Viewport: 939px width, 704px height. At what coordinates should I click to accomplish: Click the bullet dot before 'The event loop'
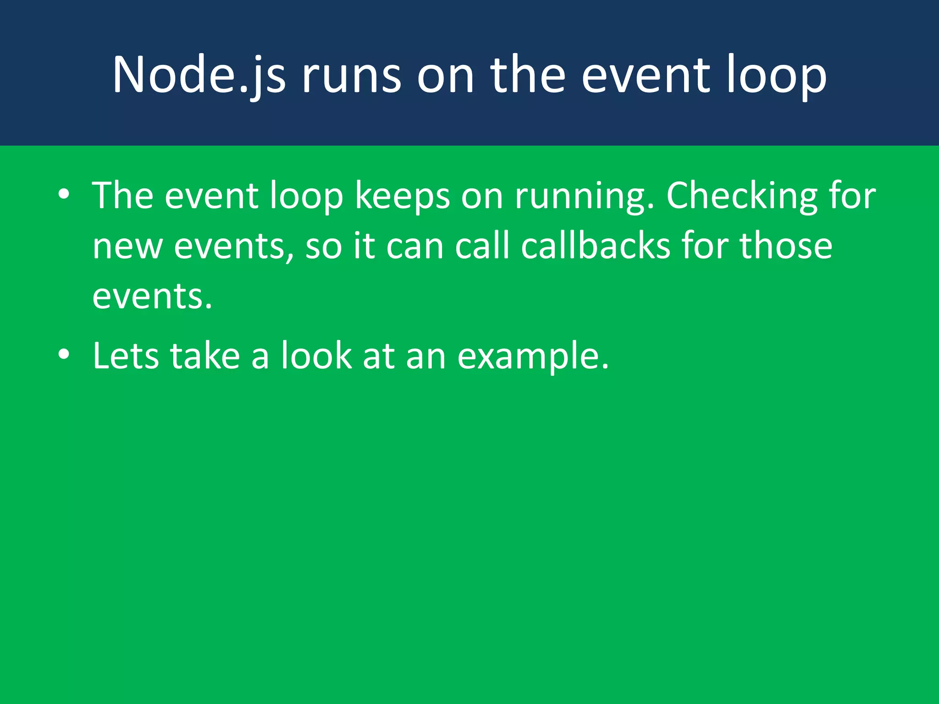pyautogui.click(x=64, y=194)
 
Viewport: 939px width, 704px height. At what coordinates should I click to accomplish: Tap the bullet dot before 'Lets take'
pyautogui.click(x=64, y=354)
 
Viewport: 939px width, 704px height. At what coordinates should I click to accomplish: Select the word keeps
pyautogui.click(x=403, y=196)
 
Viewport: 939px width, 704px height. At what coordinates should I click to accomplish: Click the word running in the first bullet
pyautogui.click(x=584, y=196)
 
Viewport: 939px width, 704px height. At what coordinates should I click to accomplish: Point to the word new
pyautogui.click(x=127, y=246)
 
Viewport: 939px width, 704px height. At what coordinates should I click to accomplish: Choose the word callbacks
pyautogui.click(x=596, y=246)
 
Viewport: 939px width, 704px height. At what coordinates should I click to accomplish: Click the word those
pyautogui.click(x=786, y=246)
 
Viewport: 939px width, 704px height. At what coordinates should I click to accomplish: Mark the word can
pyautogui.click(x=415, y=246)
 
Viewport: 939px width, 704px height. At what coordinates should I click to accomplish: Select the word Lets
pyautogui.click(x=125, y=356)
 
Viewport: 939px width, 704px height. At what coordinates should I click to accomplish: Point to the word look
pyautogui.click(x=316, y=356)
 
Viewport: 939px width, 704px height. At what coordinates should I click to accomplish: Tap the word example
pyautogui.click(x=533, y=356)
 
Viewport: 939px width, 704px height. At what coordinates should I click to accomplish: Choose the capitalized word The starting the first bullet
pyautogui.click(x=123, y=196)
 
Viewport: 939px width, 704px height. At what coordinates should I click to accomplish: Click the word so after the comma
pyautogui.click(x=323, y=246)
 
